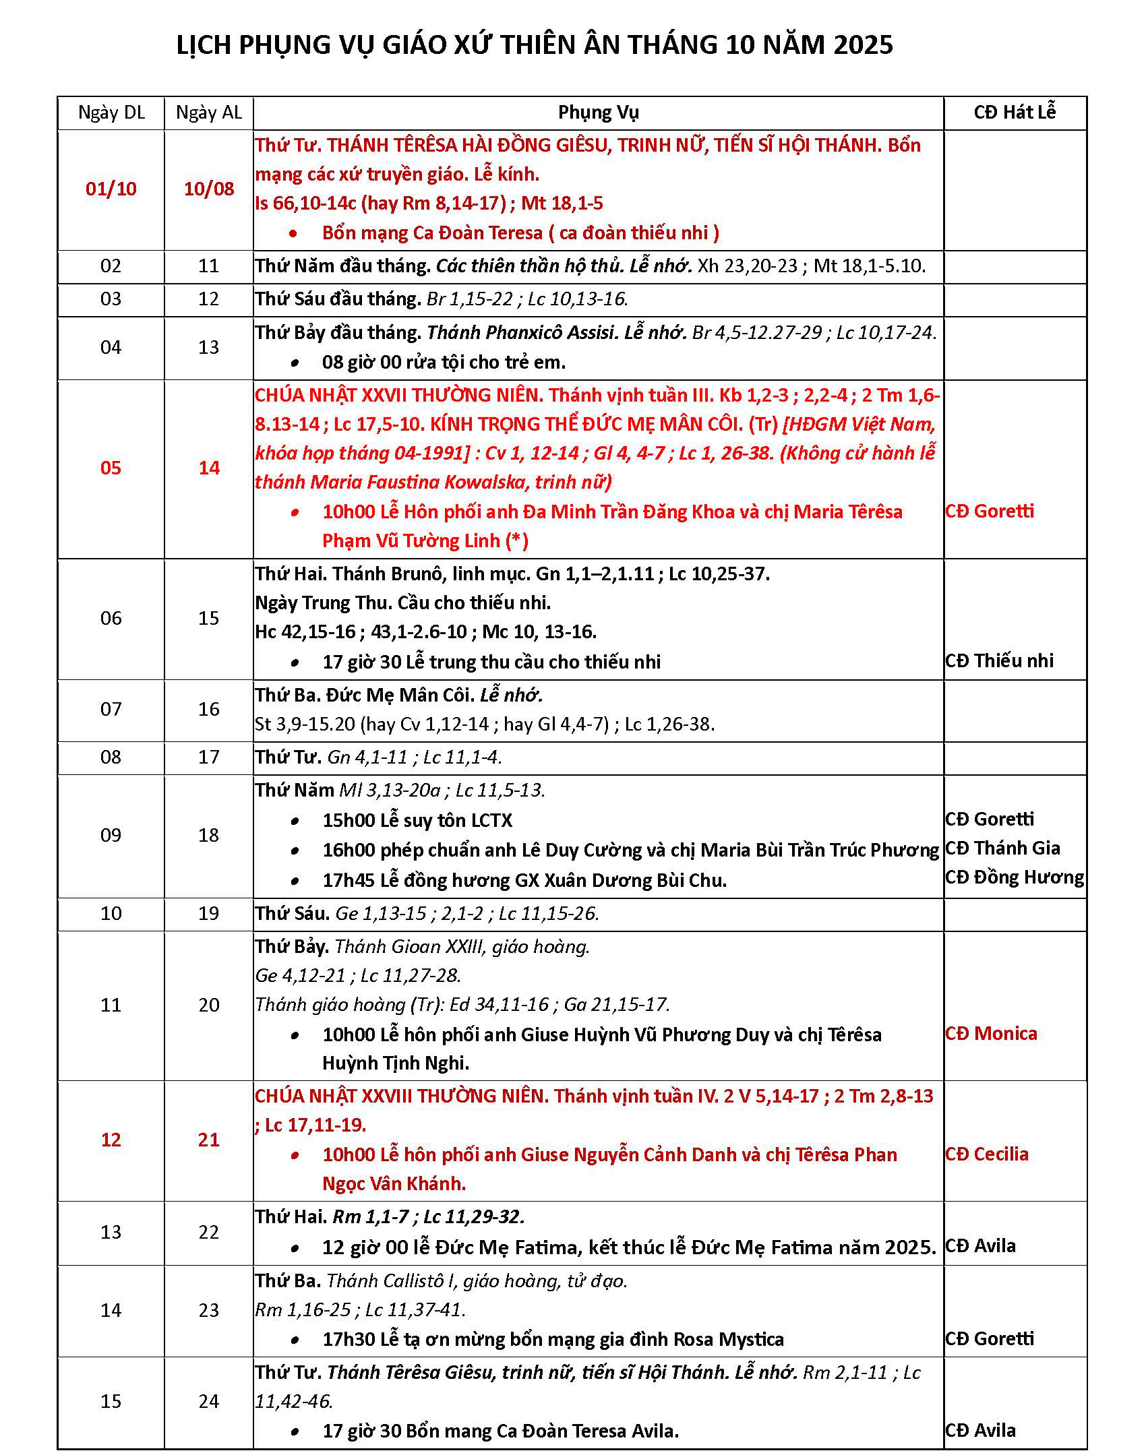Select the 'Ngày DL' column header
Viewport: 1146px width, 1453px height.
(x=111, y=113)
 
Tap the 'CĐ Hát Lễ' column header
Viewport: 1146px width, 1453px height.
(x=1015, y=112)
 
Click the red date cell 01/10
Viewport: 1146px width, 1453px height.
(x=111, y=189)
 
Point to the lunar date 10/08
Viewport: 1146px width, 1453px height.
(x=209, y=189)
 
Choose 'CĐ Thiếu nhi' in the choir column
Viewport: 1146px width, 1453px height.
(x=999, y=660)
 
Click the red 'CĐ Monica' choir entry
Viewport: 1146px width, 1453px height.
(x=991, y=1033)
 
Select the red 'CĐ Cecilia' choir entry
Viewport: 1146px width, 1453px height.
(x=987, y=1154)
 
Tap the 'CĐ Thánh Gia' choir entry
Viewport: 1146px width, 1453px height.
(x=1002, y=848)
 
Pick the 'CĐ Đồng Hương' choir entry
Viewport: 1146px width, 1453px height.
(x=1015, y=877)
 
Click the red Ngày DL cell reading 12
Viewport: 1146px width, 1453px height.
(x=111, y=1140)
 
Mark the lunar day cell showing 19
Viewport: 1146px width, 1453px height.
(x=209, y=913)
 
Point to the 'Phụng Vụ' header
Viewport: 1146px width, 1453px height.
(x=598, y=113)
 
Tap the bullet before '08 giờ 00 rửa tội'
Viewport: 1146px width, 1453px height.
(x=295, y=363)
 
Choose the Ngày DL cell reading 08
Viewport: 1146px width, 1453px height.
(x=111, y=757)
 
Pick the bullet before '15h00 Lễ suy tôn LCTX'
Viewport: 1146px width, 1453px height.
(x=295, y=821)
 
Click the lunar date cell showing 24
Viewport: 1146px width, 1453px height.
(x=209, y=1401)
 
